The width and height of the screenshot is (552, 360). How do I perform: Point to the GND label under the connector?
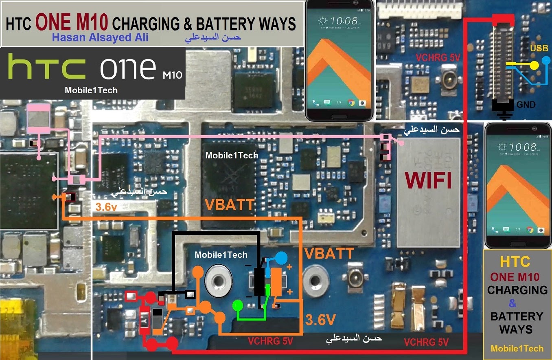point(526,105)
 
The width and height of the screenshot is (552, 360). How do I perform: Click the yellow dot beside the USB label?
point(534,64)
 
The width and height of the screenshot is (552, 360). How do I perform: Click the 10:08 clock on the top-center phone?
point(344,20)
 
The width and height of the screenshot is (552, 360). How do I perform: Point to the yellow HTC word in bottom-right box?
point(515,261)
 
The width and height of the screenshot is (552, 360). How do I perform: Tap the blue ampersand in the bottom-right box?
point(513,303)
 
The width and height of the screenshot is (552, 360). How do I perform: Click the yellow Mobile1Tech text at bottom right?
point(517,348)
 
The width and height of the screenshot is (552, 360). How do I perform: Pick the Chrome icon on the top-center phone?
point(351,103)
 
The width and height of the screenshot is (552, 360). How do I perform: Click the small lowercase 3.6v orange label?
point(106,207)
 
